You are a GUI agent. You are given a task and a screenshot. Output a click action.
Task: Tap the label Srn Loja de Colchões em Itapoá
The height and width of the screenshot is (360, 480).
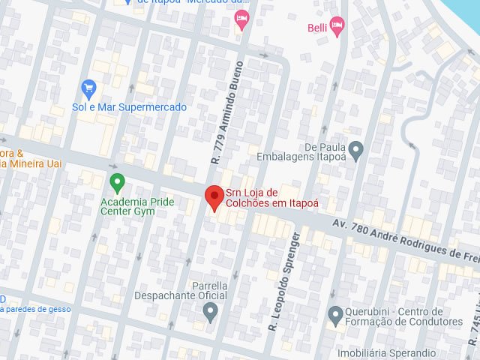click(x=271, y=198)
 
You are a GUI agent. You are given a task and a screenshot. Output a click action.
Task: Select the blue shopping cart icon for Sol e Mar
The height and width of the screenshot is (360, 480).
click(x=89, y=89)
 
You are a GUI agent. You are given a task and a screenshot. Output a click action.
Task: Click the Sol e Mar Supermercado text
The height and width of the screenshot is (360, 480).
click(x=129, y=107)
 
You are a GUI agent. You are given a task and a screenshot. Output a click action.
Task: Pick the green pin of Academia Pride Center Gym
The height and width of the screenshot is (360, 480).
click(x=117, y=182)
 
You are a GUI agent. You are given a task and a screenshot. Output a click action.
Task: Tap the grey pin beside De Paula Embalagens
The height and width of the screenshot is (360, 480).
click(x=355, y=151)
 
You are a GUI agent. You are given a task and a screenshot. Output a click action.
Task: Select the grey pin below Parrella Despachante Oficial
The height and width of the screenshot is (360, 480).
click(x=211, y=311)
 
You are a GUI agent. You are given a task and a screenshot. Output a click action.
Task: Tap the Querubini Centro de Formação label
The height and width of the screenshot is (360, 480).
click(x=403, y=316)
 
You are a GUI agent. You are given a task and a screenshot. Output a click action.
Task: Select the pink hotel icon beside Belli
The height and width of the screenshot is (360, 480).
click(x=337, y=28)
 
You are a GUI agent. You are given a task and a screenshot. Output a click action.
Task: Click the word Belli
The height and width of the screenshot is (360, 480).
click(x=316, y=28)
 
